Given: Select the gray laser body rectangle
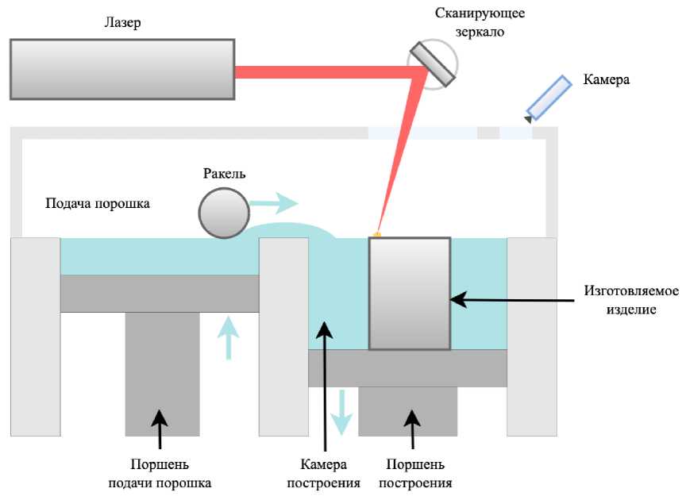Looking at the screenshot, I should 122,69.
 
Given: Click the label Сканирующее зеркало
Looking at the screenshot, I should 480,23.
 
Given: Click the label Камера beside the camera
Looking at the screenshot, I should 606,79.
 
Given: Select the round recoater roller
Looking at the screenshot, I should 223,213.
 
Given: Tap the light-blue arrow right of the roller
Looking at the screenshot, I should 273,204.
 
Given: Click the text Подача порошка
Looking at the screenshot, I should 98,204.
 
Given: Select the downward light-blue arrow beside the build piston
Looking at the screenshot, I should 341,410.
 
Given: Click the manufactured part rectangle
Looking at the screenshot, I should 410,293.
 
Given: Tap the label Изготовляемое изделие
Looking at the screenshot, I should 632,300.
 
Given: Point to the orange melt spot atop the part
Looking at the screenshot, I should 377,234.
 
